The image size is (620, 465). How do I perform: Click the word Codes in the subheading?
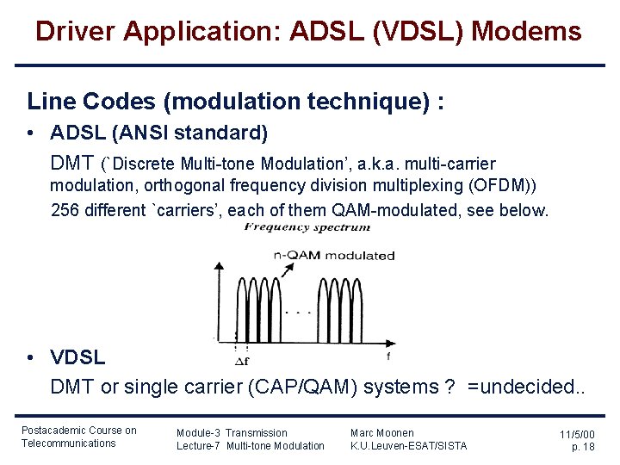(x=109, y=102)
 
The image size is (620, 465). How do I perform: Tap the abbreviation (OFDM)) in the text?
(x=503, y=186)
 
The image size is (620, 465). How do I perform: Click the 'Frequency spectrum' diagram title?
(x=307, y=227)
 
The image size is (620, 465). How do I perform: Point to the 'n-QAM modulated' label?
(x=333, y=255)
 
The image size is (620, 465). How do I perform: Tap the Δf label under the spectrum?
(x=243, y=361)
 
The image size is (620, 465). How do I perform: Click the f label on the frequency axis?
(x=389, y=355)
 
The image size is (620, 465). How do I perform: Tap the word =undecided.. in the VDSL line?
(x=525, y=387)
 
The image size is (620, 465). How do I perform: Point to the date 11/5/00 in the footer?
(x=577, y=435)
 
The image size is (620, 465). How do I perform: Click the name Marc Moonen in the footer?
(x=382, y=432)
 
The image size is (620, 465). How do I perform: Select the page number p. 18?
(x=583, y=447)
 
